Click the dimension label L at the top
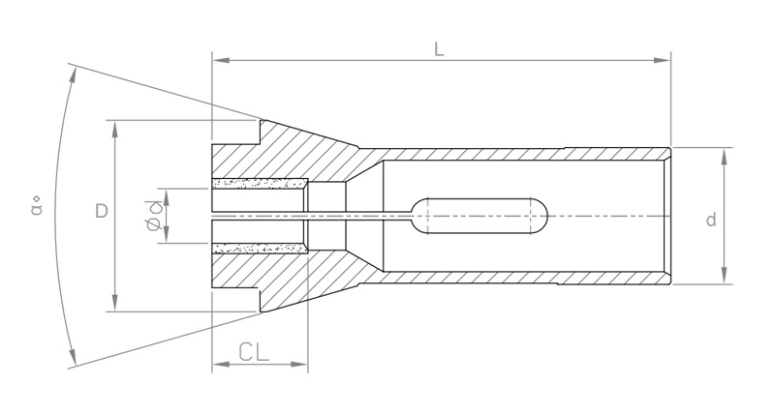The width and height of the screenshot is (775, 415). pyautogui.click(x=439, y=49)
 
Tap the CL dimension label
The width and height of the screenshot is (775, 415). pyautogui.click(x=254, y=352)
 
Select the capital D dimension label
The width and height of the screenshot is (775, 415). pyautogui.click(x=102, y=211)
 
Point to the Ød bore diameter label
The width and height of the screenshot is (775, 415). pyautogui.click(x=154, y=215)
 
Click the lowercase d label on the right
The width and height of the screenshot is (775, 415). pyautogui.click(x=711, y=219)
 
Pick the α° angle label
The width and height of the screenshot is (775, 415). pyautogui.click(x=36, y=206)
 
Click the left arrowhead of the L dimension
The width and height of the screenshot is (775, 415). pyautogui.click(x=221, y=60)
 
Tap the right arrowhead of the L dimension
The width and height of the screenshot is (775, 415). pyautogui.click(x=662, y=60)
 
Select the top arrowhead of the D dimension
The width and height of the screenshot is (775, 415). pyautogui.click(x=115, y=129)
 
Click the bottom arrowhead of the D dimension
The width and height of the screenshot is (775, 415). pyautogui.click(x=115, y=303)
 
